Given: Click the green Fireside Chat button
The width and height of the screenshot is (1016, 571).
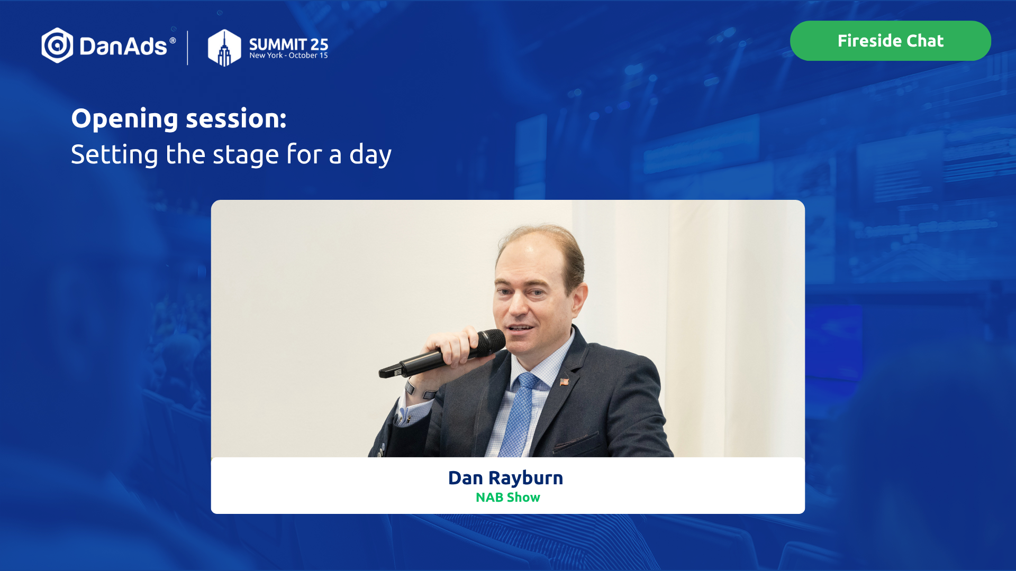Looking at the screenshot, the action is coord(890,41).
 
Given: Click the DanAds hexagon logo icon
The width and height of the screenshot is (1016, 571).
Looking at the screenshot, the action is coord(57,45).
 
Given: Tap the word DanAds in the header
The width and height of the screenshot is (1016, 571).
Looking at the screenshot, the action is coord(123,47).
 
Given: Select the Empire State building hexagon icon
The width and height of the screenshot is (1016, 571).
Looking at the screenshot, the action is coord(224,48).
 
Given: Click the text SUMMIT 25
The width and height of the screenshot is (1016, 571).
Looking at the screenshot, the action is coord(288,44).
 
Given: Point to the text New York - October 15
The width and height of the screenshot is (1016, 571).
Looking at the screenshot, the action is coord(288,56).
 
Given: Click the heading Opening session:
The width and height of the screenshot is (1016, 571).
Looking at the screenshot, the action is coord(179,119).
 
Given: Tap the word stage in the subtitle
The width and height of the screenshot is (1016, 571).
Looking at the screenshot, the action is coord(246,155).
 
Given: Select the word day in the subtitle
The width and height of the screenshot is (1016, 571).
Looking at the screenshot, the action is coord(370,155).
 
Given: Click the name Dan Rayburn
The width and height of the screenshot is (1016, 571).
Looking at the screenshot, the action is coord(506,478).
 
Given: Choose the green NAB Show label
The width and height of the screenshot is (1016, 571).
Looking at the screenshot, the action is coord(508,498).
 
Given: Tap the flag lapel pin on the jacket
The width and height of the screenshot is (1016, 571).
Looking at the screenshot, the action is coord(565,381).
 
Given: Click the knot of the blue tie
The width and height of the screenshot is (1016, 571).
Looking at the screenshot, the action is coord(527,381).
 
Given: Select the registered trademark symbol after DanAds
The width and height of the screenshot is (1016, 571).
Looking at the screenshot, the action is coord(173,40).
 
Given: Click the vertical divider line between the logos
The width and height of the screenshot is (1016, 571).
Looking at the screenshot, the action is coord(188,48).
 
